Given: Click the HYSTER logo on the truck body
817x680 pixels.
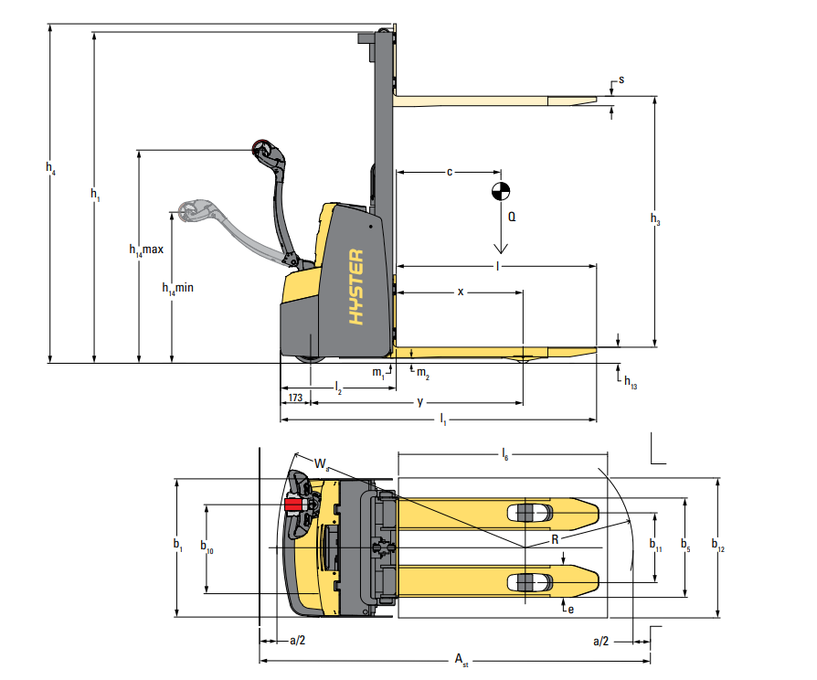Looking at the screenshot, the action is pos(356,287).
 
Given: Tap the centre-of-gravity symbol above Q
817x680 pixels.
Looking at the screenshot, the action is pos(501,191).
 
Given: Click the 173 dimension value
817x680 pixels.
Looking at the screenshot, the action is pos(295,398).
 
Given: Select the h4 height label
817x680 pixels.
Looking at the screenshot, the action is pos(50,168).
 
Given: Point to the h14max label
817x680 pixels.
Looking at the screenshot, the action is pos(146,250).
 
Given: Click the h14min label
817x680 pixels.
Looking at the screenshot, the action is pos(177,288).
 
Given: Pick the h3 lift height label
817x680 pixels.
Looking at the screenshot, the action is pos(655,218).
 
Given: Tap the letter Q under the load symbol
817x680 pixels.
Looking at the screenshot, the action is pos(512,217).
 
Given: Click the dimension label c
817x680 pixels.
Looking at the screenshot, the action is pos(450,172).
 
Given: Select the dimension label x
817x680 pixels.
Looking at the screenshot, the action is pos(461,292).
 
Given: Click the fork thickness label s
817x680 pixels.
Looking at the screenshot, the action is pos(621,80).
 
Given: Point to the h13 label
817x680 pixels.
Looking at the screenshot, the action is pos(631,382).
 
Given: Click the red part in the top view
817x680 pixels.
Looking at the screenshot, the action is pos(294,505).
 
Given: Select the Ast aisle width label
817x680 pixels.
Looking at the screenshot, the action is pos(462,660).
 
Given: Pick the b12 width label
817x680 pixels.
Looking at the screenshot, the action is pos(718,545).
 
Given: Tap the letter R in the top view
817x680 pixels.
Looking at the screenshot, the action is pos(555,540).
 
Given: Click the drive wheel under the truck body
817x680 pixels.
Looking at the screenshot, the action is pos(311,358).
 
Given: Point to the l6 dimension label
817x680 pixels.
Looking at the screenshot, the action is pos(504,454).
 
